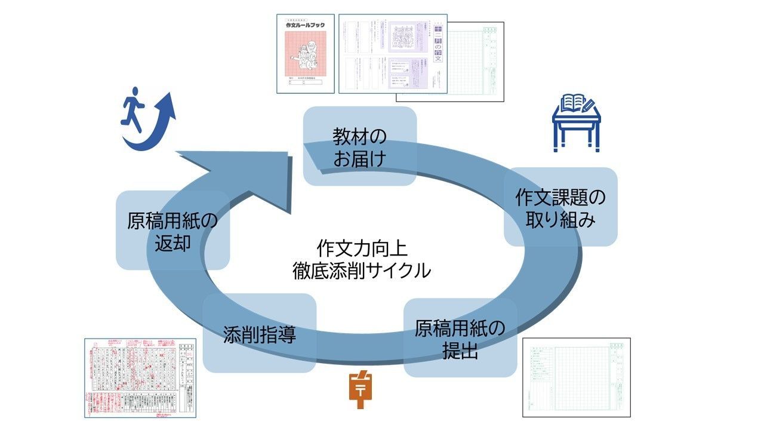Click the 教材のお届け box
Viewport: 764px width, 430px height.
[x=359, y=147]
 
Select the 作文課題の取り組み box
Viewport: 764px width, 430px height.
[x=560, y=207]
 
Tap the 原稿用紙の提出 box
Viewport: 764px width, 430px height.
[x=460, y=338]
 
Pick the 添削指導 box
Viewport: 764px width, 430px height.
[x=260, y=334]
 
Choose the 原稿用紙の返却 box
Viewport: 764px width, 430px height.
[x=172, y=231]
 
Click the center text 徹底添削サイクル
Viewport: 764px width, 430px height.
[x=362, y=270]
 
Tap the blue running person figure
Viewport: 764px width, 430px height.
[x=134, y=110]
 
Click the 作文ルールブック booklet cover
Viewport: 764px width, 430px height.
[x=305, y=54]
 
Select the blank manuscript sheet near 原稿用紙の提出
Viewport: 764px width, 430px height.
[x=576, y=377]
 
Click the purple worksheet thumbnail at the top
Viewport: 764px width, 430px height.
[x=393, y=54]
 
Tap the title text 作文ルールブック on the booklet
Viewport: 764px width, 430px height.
[x=305, y=26]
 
